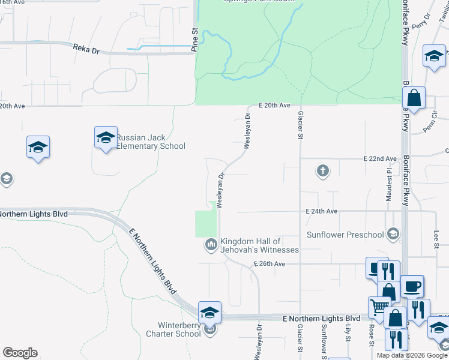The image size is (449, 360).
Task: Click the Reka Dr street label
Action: tap(86, 49)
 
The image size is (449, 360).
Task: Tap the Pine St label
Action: tap(194, 40)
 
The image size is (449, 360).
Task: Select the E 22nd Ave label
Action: tap(381, 158)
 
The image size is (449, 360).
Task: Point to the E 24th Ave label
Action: tap(322, 211)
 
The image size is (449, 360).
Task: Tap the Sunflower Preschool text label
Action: tap(345, 235)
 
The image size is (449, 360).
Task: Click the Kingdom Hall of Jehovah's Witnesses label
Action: tap(259, 245)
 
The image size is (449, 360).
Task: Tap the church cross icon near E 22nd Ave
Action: tap(323, 172)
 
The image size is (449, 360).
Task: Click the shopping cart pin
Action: tap(379, 307)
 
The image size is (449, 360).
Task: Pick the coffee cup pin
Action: tap(412, 286)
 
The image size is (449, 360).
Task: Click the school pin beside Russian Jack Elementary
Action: tap(105, 137)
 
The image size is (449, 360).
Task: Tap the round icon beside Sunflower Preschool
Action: tap(394, 234)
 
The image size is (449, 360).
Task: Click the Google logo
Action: tap(20, 353)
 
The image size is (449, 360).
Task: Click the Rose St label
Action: tap(372, 336)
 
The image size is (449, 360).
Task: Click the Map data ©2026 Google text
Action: tap(412, 355)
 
